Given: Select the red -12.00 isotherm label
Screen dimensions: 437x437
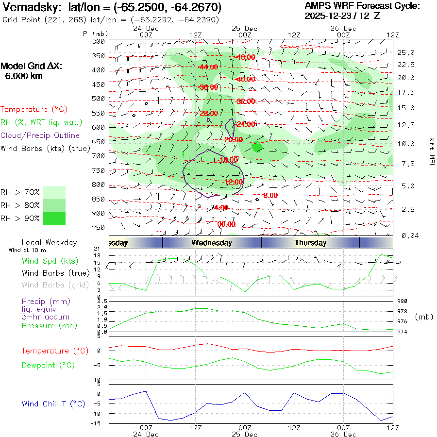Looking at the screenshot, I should tap(233, 182).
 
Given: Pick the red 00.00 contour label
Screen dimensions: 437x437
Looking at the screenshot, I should tap(226, 224).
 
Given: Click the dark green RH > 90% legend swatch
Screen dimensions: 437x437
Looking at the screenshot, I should tap(54, 218).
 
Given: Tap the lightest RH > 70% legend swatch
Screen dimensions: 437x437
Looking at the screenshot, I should tap(54, 192).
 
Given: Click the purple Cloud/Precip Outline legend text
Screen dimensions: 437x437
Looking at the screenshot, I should tap(40, 135).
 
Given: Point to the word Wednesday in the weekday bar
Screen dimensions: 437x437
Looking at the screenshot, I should tap(211, 243).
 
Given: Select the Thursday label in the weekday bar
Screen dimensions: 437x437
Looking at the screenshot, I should tap(310, 243).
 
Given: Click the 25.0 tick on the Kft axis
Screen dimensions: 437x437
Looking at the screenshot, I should tap(406, 52).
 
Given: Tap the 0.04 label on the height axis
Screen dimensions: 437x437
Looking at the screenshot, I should tap(406, 235).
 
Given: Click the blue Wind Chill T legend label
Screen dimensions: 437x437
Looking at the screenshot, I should tap(53, 404).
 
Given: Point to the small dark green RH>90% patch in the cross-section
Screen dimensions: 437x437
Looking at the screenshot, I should tap(257, 146).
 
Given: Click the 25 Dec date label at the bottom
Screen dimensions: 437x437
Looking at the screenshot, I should tap(245, 434).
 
